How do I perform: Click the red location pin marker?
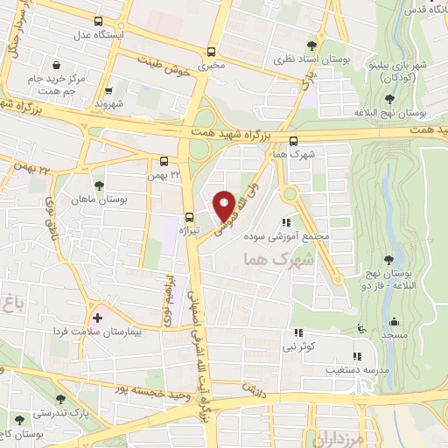pyautogui.click(x=226, y=206)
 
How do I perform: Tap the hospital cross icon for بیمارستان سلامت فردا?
pyautogui.click(x=96, y=317)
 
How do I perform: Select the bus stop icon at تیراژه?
pyautogui.click(x=188, y=218)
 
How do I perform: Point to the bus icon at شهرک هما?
pyautogui.click(x=292, y=140)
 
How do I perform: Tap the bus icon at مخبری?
pyautogui.click(x=210, y=52)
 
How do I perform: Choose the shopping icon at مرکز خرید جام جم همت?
pyautogui.click(x=57, y=66)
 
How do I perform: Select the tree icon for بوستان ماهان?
pyautogui.click(x=98, y=185)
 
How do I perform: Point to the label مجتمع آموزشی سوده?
pyautogui.click(x=319, y=236)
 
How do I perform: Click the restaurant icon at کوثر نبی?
pyautogui.click(x=298, y=333)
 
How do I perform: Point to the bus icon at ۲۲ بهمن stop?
pyautogui.click(x=164, y=161)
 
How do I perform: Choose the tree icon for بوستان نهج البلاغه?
pyautogui.click(x=388, y=100)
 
